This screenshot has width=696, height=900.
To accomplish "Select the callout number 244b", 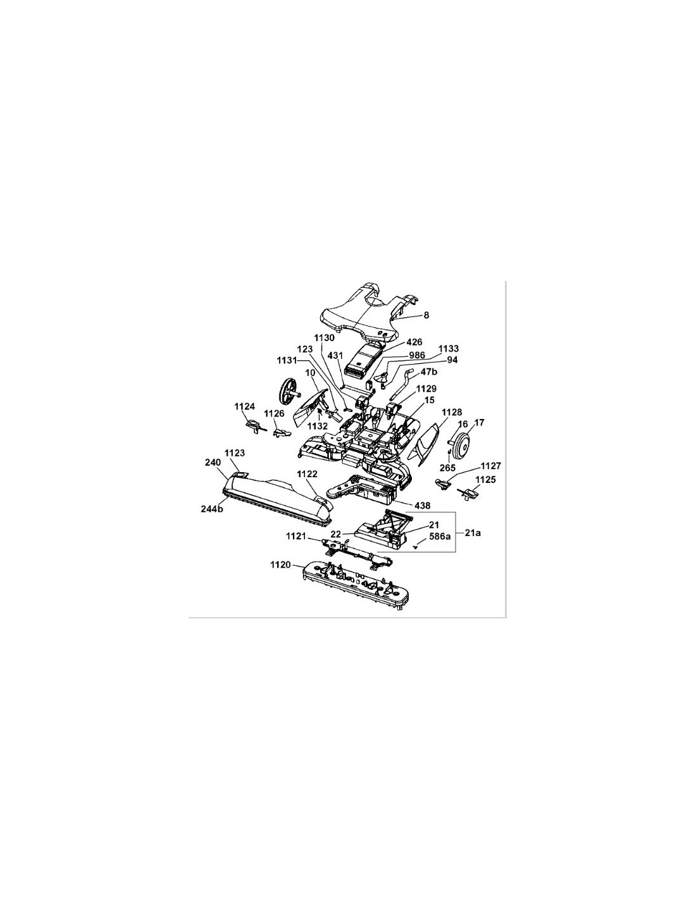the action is pos(211,509).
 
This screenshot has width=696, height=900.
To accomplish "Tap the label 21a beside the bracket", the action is pos(473,533).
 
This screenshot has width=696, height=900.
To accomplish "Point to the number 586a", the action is pos(440,536).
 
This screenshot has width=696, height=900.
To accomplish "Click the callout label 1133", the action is pos(449,349).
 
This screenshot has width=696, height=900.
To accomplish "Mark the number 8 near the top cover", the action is pos(426,315).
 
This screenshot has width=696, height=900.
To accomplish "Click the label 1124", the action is pos(244,406).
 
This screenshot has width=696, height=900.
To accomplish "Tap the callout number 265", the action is pos(447,468).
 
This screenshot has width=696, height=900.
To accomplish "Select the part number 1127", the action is pos(490,466).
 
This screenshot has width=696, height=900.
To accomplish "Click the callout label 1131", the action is pos(287,360).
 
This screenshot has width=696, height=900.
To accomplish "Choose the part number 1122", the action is pos(306,474).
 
